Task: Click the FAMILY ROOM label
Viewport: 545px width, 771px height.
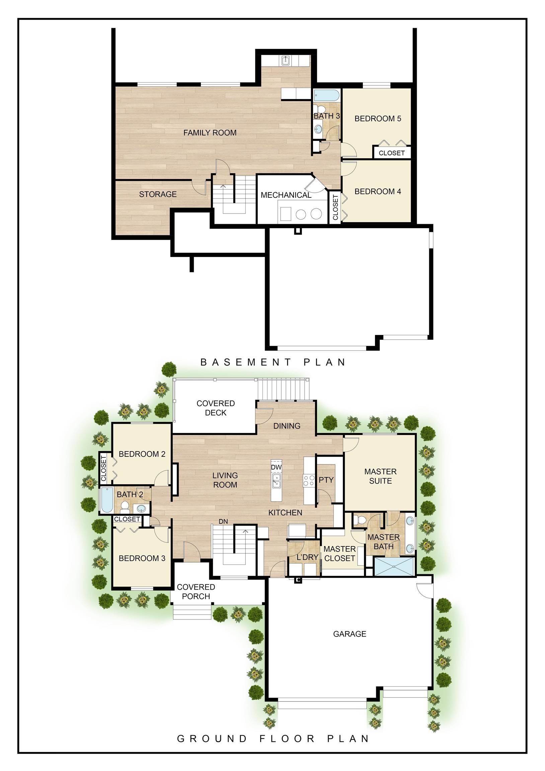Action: click(210, 133)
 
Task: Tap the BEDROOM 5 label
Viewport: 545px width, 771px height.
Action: click(378, 118)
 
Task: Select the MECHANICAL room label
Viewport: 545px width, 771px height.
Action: click(286, 195)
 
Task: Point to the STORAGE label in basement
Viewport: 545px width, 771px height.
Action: click(158, 194)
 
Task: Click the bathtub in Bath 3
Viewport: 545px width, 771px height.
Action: click(327, 95)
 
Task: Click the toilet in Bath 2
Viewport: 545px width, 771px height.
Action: click(125, 505)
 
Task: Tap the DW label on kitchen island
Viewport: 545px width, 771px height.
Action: click(276, 467)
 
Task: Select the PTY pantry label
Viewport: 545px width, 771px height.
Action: click(326, 480)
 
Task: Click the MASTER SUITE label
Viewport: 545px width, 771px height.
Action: click(380, 476)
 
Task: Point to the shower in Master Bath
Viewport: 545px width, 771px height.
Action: click(394, 566)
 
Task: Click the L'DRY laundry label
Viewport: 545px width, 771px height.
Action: click(307, 557)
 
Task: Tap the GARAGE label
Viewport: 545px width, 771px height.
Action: click(349, 634)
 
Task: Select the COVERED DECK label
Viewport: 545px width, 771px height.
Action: click(215, 408)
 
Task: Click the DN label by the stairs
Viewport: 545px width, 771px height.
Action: click(223, 521)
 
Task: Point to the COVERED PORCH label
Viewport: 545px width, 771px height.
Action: click(196, 592)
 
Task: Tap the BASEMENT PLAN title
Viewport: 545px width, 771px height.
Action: click(273, 362)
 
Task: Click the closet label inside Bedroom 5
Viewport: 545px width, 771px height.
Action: click(391, 153)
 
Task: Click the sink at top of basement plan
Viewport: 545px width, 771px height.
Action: click(285, 61)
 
